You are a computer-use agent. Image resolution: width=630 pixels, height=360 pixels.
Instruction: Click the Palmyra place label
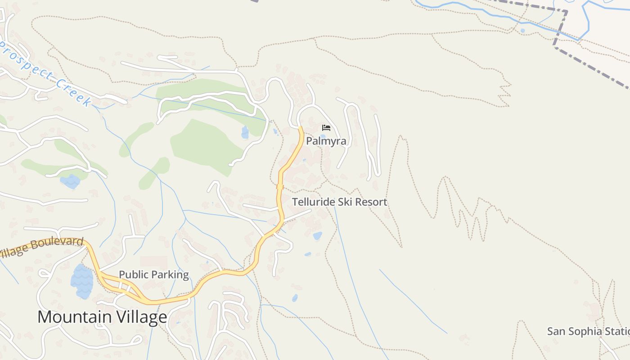(x=326, y=141)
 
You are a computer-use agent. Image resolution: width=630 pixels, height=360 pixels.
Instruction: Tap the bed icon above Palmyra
(x=326, y=128)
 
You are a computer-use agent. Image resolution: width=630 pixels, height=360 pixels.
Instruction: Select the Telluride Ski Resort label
(x=340, y=202)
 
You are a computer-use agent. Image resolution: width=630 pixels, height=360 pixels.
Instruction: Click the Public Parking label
(x=153, y=274)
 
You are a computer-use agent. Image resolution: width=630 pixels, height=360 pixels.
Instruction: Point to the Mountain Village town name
(x=102, y=317)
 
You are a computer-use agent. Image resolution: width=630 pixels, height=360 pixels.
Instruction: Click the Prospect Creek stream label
(x=45, y=72)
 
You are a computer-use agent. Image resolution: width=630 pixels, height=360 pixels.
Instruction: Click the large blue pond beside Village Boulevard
(x=81, y=282)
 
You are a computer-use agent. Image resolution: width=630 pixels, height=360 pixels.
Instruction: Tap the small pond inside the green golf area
(x=245, y=132)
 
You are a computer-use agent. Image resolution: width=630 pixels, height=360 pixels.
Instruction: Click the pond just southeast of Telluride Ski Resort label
(x=317, y=236)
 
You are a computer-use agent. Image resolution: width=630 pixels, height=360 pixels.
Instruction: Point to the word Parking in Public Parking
(x=171, y=274)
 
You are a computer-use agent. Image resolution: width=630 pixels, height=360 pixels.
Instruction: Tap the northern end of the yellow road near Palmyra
(x=301, y=128)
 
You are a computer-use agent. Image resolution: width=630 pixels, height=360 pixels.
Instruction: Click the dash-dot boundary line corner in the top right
(x=566, y=12)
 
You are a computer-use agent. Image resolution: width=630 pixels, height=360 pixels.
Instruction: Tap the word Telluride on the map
(x=314, y=202)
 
